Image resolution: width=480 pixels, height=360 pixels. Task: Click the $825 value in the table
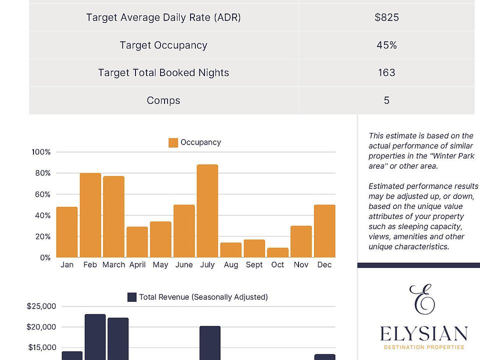click(386, 17)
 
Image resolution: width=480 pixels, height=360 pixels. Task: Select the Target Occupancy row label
click(163, 45)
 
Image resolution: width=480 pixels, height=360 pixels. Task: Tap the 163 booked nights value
click(386, 72)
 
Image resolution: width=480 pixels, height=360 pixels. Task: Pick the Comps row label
click(163, 100)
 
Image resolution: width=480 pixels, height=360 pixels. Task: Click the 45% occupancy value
click(386, 45)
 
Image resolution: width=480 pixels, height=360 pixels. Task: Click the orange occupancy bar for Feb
click(90, 215)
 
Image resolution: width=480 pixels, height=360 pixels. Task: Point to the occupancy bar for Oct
click(277, 252)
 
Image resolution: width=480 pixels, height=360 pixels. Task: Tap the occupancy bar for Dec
click(324, 231)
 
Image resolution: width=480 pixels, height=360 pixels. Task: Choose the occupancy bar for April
click(137, 242)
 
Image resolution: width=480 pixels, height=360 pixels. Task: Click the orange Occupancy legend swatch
click(173, 142)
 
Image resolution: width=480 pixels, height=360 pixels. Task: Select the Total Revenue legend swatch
click(132, 297)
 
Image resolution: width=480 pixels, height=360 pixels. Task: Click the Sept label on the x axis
click(254, 265)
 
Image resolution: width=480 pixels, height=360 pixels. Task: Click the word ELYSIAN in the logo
click(423, 333)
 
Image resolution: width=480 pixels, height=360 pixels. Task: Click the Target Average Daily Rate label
click(163, 17)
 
